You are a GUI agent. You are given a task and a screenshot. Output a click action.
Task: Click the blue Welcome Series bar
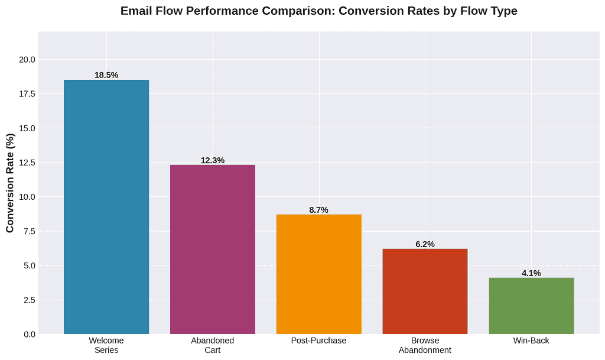(x=106, y=207)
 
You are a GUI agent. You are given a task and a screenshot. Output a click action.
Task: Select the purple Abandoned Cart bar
(x=213, y=249)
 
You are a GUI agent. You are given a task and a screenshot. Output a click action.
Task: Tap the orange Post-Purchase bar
(x=319, y=274)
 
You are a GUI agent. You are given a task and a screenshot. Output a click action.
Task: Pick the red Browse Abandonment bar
(x=425, y=291)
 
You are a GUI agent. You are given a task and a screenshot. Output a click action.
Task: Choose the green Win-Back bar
(x=531, y=306)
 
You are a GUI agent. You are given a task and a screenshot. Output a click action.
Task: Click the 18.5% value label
(x=106, y=75)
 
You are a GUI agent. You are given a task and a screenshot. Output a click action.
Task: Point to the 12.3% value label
(x=213, y=160)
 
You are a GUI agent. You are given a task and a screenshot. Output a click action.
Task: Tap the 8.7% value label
(x=319, y=210)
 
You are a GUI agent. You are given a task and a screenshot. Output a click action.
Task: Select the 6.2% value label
(x=425, y=244)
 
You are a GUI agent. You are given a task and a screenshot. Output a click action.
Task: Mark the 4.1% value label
(x=531, y=273)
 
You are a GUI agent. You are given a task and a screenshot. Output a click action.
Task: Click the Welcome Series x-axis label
(x=106, y=345)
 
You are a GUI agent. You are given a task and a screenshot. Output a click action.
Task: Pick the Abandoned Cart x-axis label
(x=213, y=345)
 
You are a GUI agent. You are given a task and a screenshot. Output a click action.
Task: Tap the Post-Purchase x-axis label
(x=319, y=340)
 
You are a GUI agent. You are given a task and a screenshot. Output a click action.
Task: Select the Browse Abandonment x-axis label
(x=425, y=345)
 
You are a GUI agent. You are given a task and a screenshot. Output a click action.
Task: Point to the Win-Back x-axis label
(x=531, y=340)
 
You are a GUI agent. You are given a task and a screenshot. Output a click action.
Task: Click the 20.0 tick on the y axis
(x=27, y=60)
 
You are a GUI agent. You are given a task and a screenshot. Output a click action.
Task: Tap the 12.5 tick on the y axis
(x=27, y=163)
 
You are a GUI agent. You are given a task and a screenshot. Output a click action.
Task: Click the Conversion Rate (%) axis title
(x=10, y=183)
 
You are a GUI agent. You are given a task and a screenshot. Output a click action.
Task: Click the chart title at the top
(x=319, y=11)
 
